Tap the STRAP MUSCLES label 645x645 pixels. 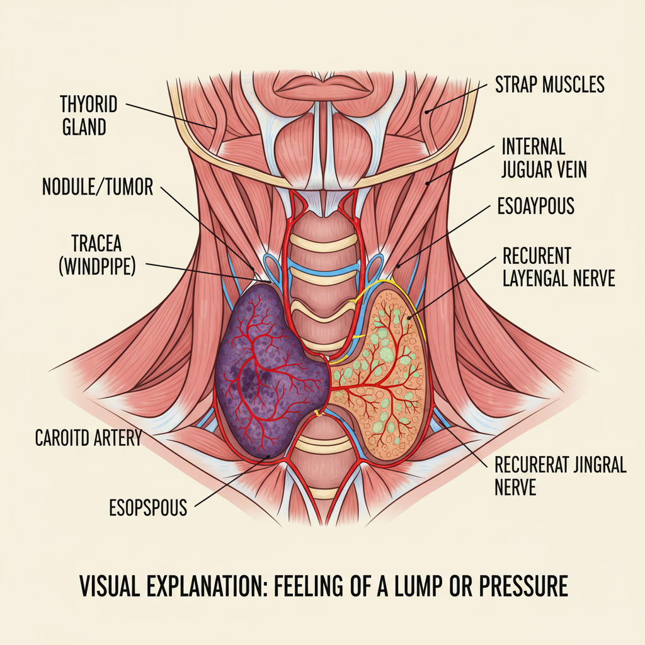click(549, 84)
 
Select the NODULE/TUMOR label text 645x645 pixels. click(98, 187)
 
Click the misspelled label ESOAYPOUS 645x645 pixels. click(535, 206)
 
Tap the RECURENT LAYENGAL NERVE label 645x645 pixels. click(558, 267)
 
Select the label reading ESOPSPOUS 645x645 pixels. click(148, 508)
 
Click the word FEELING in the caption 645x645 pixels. click(304, 586)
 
